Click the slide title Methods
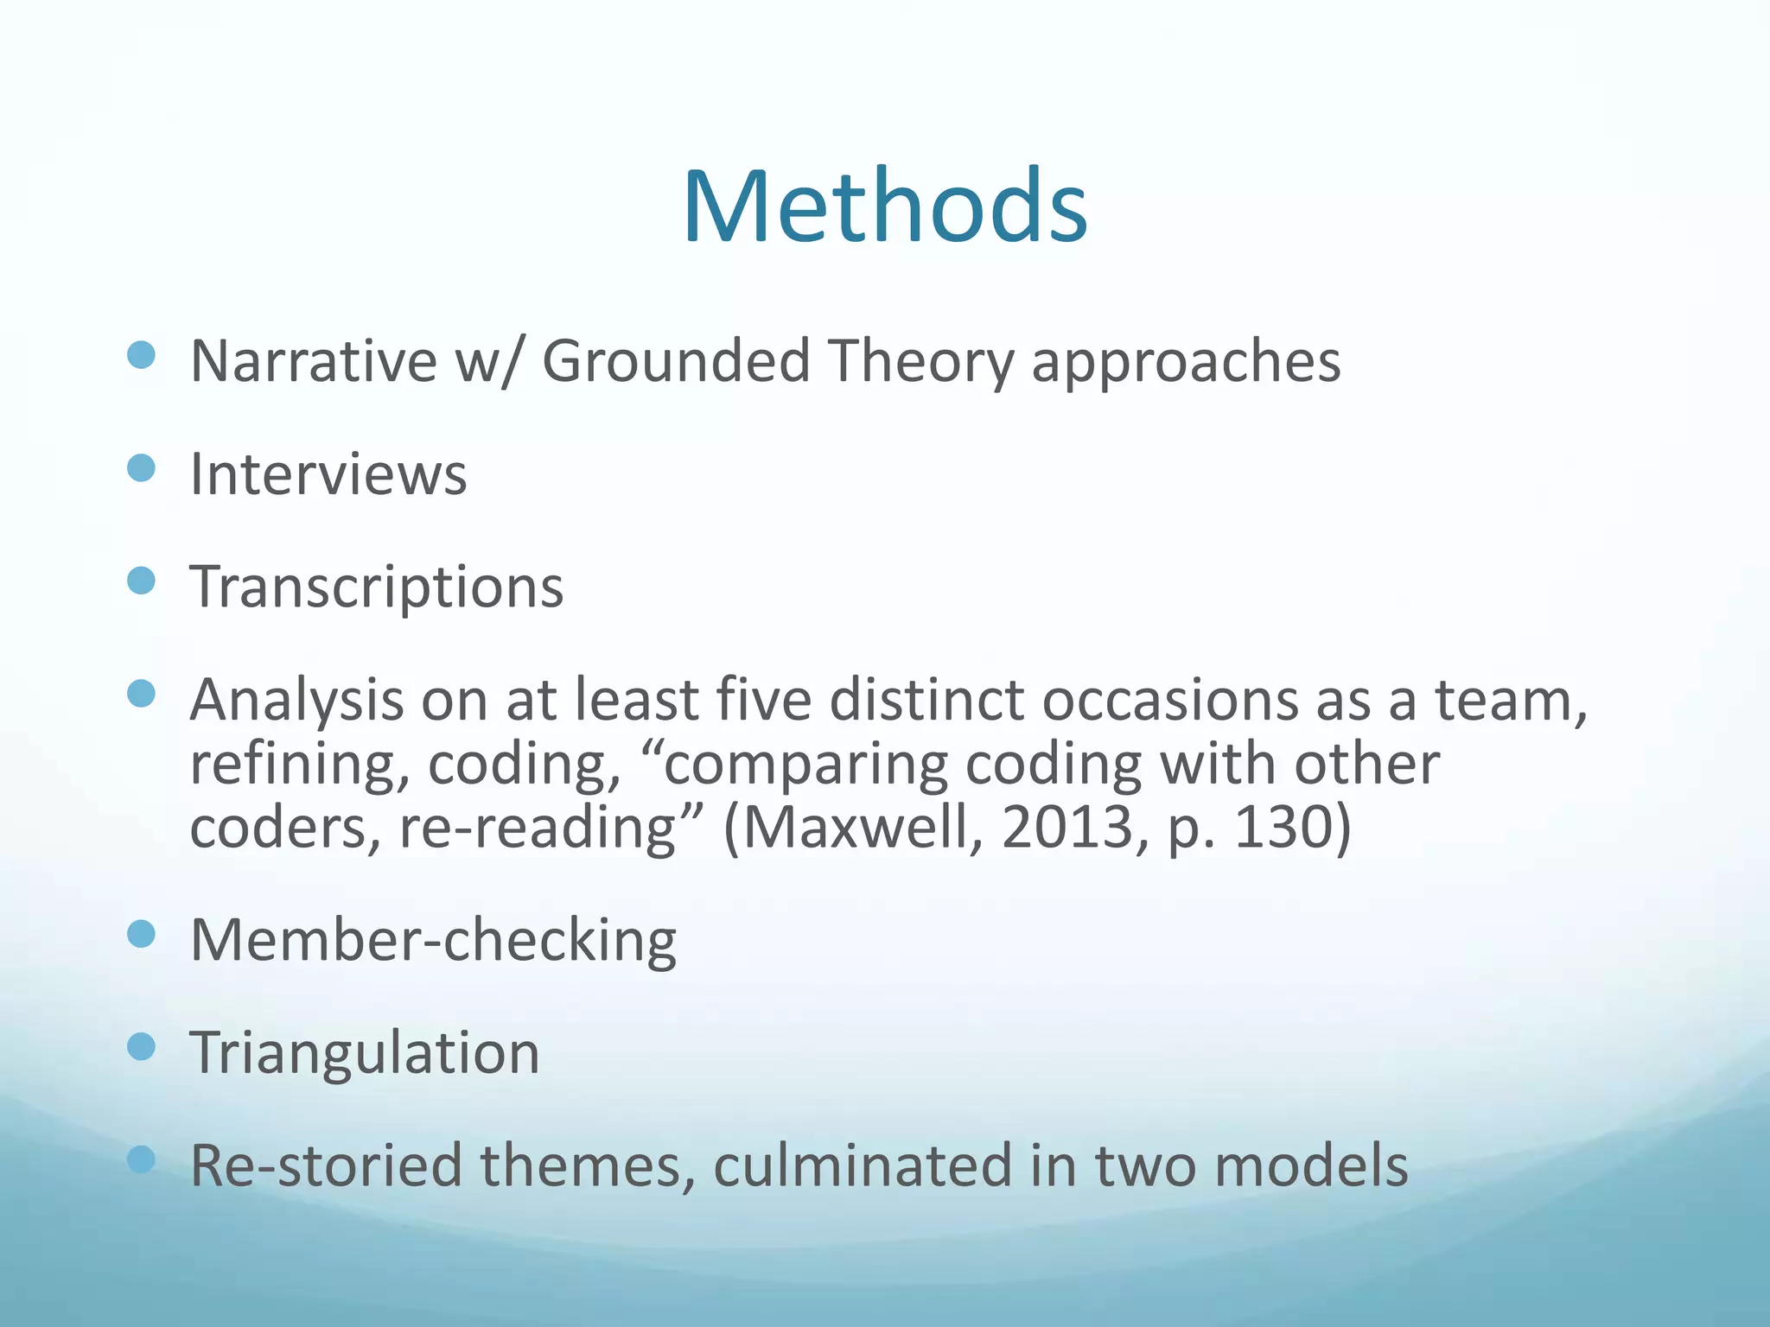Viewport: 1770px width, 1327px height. tap(884, 207)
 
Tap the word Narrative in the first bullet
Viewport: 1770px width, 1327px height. tap(314, 360)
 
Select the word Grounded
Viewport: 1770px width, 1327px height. tap(676, 360)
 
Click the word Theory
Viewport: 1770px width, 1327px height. tap(920, 360)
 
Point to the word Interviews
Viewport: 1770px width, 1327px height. tap(328, 474)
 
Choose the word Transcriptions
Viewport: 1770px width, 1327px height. tap(377, 587)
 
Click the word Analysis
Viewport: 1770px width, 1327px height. tap(296, 700)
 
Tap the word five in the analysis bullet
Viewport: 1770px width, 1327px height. tap(762, 700)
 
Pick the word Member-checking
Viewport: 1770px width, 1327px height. tap(433, 940)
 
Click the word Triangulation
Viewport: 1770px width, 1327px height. tap(365, 1053)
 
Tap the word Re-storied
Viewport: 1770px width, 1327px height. tap(327, 1165)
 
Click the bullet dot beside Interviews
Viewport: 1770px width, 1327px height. tap(141, 468)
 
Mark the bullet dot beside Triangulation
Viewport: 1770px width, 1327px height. tap(141, 1047)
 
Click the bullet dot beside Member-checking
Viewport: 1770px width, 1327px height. tap(141, 934)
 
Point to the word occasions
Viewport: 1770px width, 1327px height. tap(1169, 700)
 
